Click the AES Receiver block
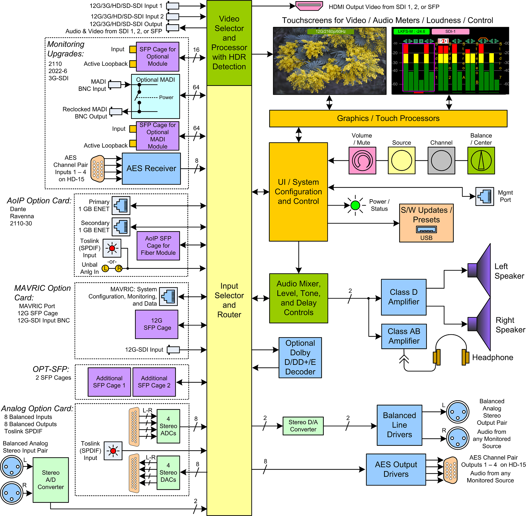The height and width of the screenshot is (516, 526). click(x=151, y=169)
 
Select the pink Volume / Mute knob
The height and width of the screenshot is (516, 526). click(x=362, y=160)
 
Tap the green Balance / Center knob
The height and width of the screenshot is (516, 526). click(x=481, y=160)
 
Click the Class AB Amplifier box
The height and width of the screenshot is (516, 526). click(x=404, y=336)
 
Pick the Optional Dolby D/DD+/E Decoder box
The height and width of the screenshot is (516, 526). click(x=300, y=358)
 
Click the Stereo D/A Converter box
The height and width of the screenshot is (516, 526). click(x=303, y=426)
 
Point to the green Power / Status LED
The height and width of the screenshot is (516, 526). click(x=355, y=205)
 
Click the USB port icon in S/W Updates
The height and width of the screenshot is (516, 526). click(x=426, y=230)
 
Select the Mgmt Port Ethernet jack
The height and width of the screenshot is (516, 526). click(x=485, y=196)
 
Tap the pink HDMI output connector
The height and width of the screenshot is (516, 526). click(x=309, y=6)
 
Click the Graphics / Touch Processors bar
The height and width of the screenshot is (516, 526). click(x=388, y=118)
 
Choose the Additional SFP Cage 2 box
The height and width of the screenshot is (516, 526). click(x=154, y=382)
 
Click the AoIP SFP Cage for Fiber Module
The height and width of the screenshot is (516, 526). click(x=158, y=246)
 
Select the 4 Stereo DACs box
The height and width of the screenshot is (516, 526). click(x=168, y=472)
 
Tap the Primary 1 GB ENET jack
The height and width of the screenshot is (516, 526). click(x=121, y=205)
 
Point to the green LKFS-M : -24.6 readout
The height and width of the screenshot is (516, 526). click(x=411, y=32)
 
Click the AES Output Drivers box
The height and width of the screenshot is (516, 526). click(x=396, y=469)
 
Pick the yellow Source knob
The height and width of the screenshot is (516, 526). click(x=401, y=160)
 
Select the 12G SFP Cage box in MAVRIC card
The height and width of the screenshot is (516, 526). click(x=157, y=324)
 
